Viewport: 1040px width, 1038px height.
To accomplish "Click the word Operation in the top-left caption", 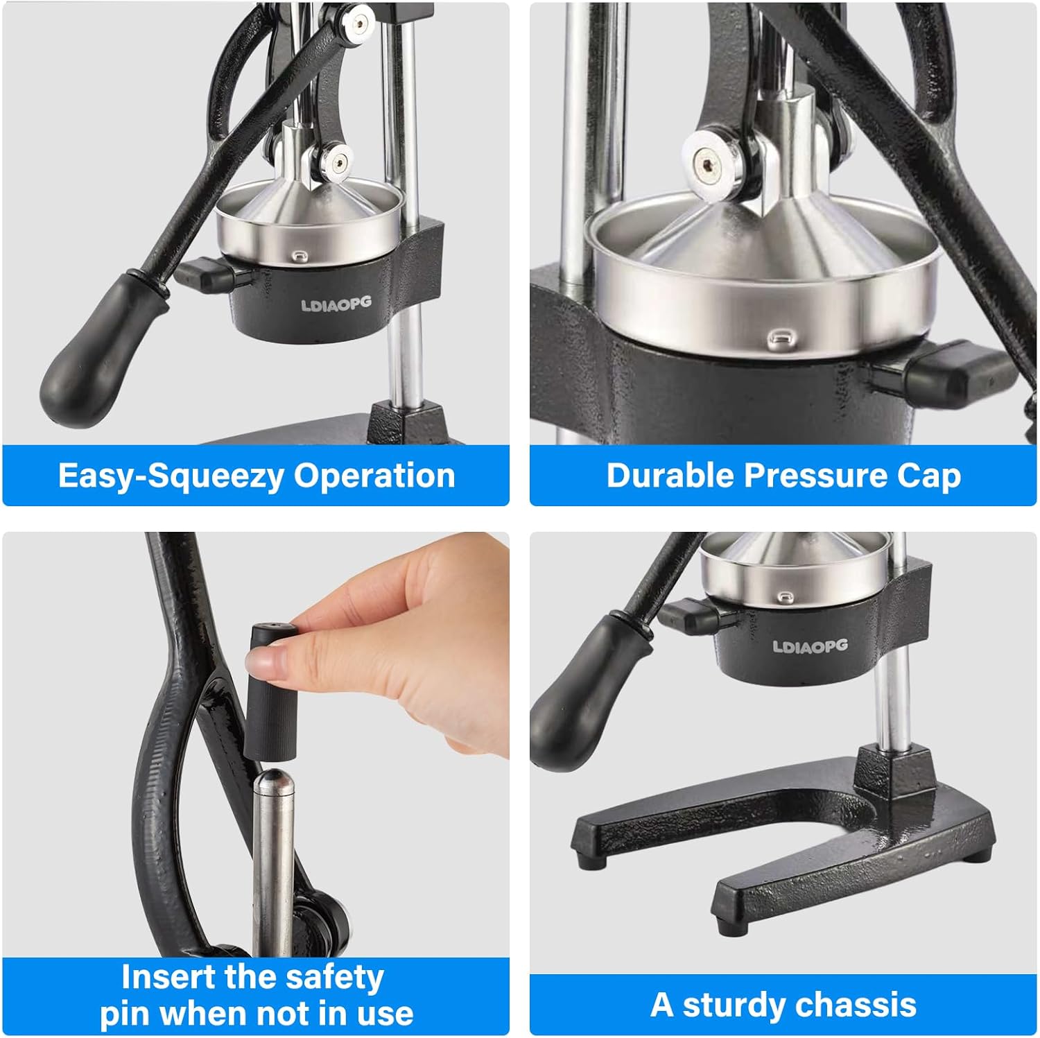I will pos(374,476).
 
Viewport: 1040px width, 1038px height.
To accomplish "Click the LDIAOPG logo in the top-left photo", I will pos(336,304).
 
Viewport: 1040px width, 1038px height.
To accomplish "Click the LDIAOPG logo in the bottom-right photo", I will pos(810,646).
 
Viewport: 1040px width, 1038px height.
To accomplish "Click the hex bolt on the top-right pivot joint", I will pos(707,165).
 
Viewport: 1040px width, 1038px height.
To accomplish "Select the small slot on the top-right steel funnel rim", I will pos(781,337).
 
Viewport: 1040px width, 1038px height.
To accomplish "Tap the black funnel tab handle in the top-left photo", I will pos(205,275).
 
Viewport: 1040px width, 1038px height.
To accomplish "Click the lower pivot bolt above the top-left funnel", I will pos(338,162).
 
